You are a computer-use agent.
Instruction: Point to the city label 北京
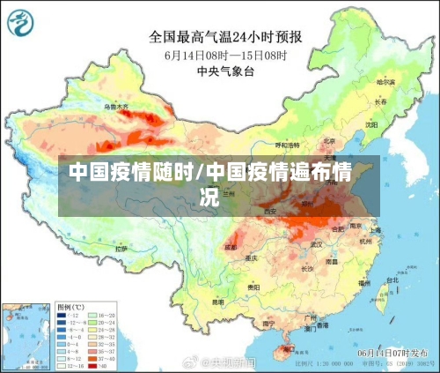tap(328, 139)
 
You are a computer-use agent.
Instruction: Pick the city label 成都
tap(231, 248)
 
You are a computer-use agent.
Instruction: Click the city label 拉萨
tap(121, 250)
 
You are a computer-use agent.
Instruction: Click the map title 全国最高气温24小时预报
tap(225, 37)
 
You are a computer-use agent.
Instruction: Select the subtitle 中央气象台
tap(226, 71)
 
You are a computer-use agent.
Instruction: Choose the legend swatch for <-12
tap(62, 314)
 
